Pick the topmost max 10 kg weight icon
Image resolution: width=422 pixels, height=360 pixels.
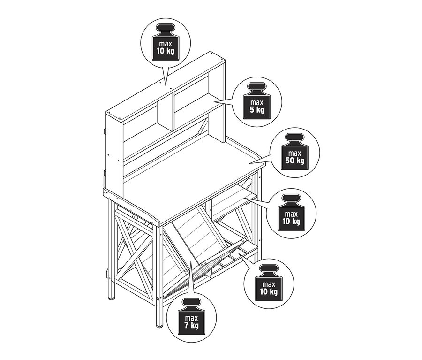165,42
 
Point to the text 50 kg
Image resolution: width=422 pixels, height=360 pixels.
295,161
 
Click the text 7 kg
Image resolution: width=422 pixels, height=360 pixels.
191,326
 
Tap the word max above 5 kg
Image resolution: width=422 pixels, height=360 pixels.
257,103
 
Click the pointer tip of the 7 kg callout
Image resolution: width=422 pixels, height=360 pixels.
190,261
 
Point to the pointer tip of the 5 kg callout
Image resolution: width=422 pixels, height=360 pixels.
214,101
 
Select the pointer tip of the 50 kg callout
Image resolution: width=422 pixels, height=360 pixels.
249,163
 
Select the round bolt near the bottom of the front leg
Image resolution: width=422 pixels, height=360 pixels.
158,299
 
